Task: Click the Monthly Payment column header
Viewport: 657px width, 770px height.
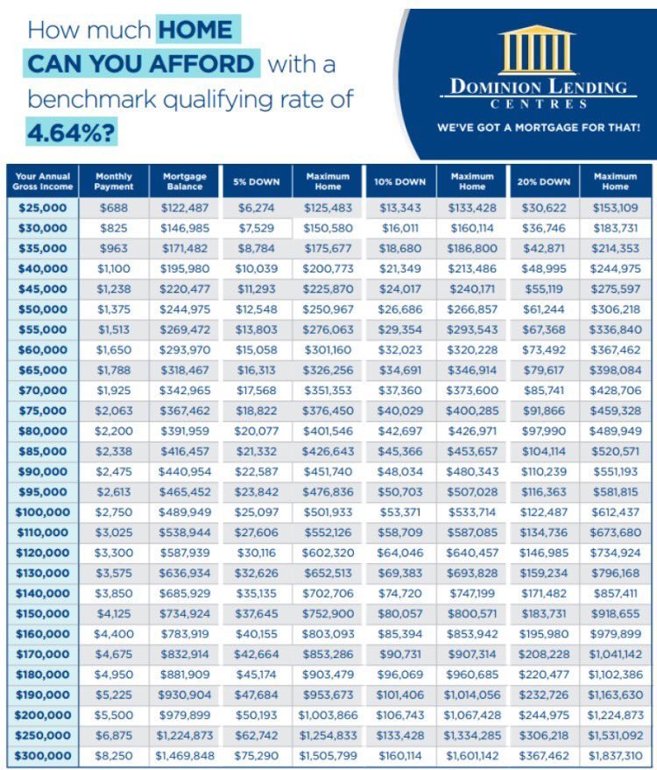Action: tap(114, 181)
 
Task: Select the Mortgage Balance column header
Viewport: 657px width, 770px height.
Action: tap(185, 181)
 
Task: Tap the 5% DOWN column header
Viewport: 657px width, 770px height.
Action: tap(257, 182)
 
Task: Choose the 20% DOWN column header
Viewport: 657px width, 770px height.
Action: tap(543, 182)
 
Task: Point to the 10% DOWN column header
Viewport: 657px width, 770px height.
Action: tap(399, 182)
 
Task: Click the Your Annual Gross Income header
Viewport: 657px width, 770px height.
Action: tap(42, 181)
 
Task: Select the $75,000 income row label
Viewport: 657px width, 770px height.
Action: tap(42, 409)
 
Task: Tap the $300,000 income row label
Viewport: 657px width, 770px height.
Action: tap(42, 755)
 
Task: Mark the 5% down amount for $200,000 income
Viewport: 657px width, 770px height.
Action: tap(257, 715)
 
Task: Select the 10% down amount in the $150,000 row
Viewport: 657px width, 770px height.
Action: tap(399, 614)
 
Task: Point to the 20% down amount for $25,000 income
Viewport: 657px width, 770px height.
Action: tap(543, 208)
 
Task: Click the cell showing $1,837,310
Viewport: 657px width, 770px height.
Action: tap(616, 755)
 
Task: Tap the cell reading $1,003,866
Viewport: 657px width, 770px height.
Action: tap(328, 715)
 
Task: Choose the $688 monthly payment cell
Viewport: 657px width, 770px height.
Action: tap(114, 208)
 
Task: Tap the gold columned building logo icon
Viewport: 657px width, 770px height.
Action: tap(536, 49)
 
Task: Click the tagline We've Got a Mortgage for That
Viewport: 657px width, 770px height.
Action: tap(539, 128)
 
